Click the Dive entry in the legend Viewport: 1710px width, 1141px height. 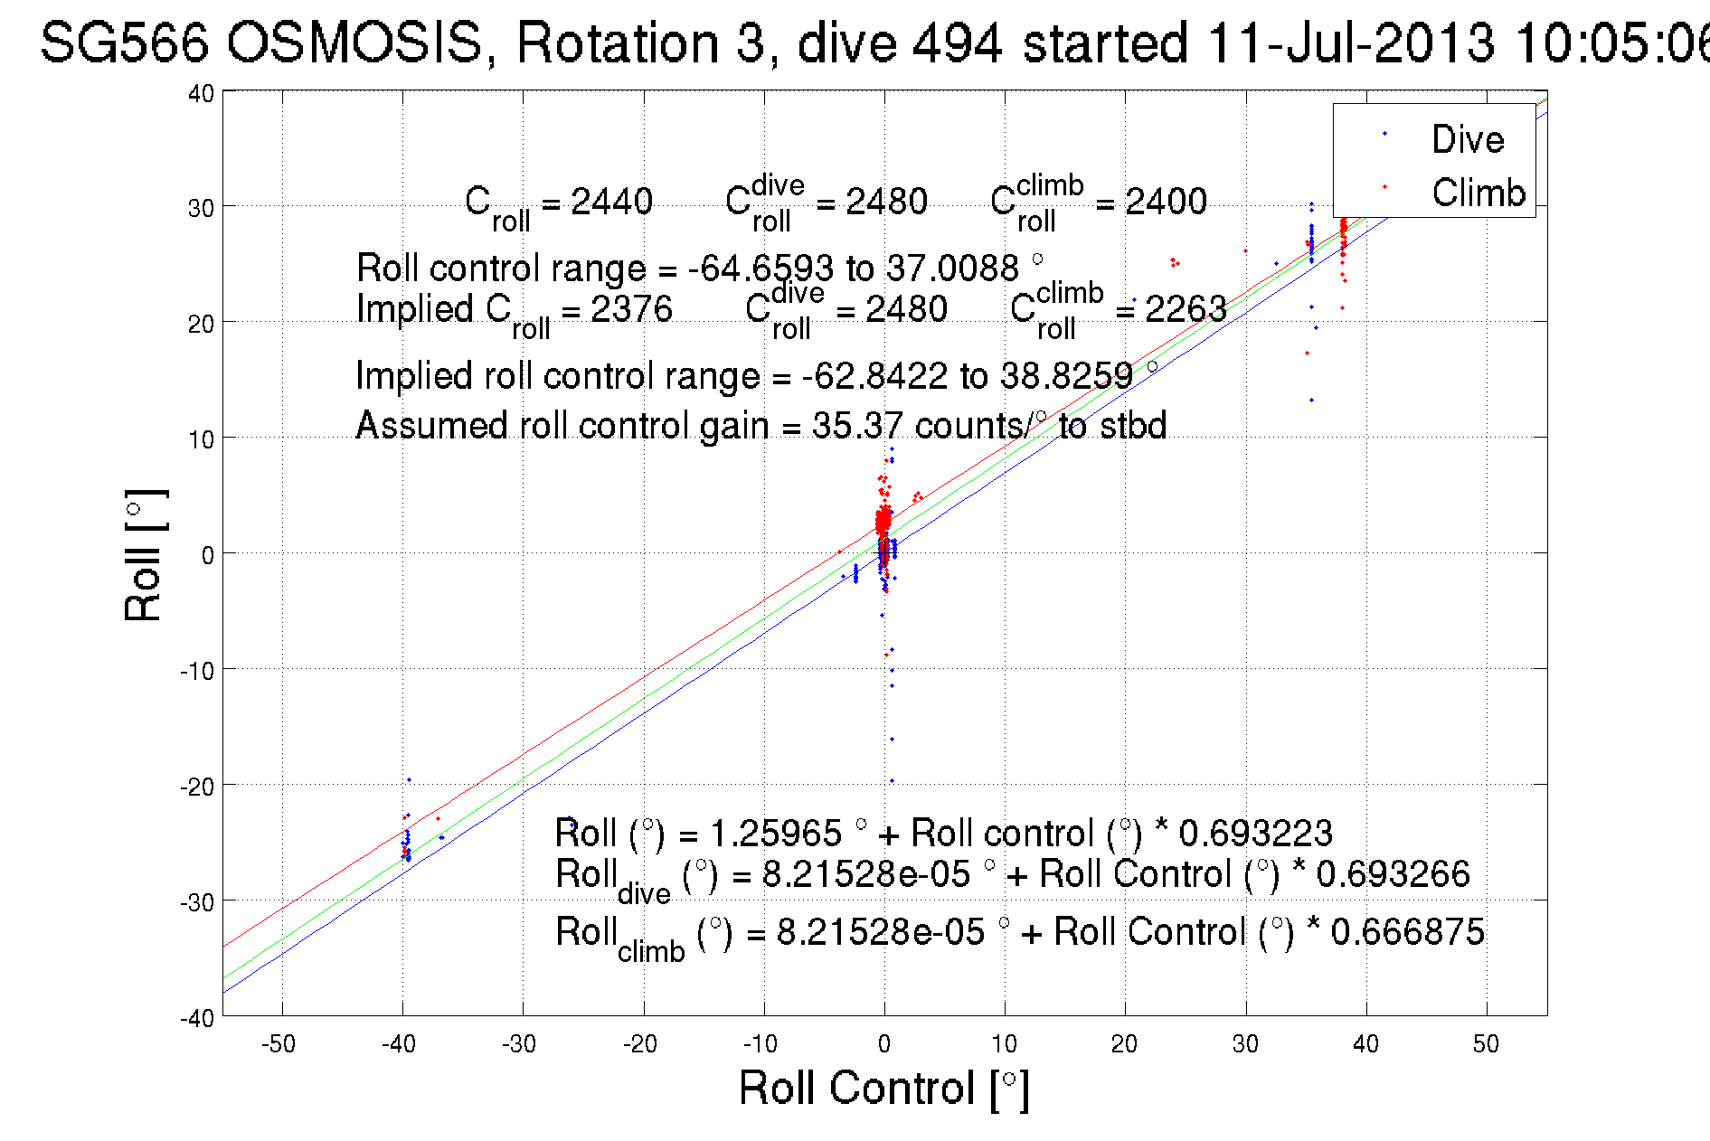click(x=1467, y=139)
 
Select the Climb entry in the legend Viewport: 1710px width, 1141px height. click(x=1478, y=193)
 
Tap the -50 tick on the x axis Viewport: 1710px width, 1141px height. click(x=279, y=1044)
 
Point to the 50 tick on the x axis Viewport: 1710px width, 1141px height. click(x=1486, y=1044)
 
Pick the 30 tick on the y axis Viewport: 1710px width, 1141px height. click(x=201, y=208)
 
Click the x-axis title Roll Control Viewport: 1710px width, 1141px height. click(x=883, y=1088)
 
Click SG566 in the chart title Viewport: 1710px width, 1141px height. click(x=124, y=42)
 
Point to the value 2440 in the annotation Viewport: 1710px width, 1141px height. click(x=611, y=201)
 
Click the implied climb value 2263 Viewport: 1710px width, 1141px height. click(x=1186, y=309)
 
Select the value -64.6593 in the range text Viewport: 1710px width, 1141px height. click(x=761, y=269)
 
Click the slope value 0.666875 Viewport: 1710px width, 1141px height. click(x=1407, y=932)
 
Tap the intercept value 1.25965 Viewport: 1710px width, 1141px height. click(x=775, y=833)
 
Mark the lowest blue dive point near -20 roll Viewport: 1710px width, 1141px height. click(x=892, y=781)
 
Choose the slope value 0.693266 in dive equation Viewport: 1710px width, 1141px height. click(x=1393, y=874)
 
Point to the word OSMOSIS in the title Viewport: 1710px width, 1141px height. click(x=354, y=42)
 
